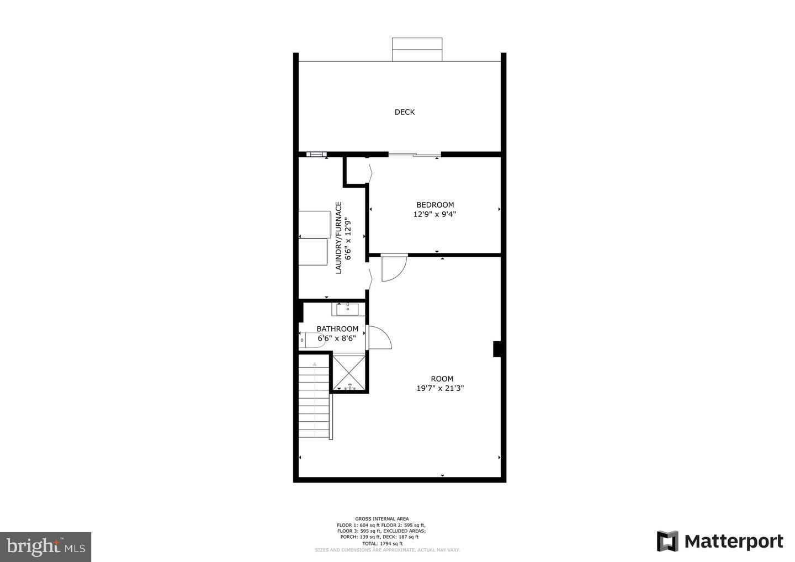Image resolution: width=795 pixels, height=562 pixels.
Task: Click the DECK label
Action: (404, 112)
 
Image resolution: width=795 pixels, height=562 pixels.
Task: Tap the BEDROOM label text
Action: (435, 205)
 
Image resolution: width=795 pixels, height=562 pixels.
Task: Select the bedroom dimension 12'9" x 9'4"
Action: (434, 214)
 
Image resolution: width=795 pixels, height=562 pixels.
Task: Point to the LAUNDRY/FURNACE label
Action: (338, 237)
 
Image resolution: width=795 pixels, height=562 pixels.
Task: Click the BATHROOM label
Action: (337, 329)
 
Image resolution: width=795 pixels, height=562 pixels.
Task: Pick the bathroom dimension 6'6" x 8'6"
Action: (337, 338)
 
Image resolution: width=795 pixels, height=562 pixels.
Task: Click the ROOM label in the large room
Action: (442, 379)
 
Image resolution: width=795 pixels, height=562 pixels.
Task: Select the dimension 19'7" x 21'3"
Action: (440, 388)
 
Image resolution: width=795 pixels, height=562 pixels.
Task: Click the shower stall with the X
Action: (348, 373)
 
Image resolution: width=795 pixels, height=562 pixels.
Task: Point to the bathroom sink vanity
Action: (348, 309)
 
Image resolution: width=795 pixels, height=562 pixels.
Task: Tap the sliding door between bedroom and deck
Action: (414, 155)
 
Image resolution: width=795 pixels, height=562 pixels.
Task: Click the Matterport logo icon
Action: (667, 541)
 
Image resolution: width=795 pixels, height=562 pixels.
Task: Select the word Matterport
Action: (734, 542)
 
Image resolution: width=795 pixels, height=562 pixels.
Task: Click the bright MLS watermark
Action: (45, 547)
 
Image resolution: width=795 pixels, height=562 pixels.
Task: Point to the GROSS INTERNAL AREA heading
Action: (381, 519)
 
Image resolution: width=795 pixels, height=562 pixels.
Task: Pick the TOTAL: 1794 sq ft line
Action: (381, 543)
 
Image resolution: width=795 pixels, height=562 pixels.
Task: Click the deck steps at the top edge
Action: (417, 49)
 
